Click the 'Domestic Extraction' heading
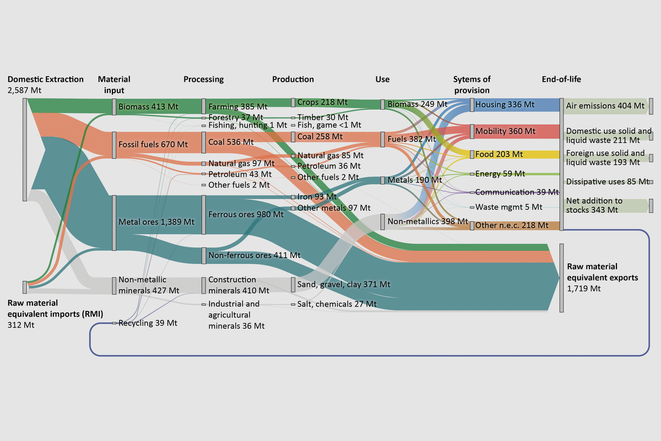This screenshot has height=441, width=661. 46,79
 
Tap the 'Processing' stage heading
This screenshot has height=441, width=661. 203,79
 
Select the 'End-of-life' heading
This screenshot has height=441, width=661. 561,79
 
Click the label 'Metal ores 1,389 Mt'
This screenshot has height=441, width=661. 156,222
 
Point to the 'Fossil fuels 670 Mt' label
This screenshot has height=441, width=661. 153,145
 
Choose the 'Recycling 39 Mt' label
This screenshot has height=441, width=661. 148,323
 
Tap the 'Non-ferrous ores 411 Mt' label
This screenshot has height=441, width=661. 254,255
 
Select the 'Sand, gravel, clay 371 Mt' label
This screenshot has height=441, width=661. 344,284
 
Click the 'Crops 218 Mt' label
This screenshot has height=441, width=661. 322,103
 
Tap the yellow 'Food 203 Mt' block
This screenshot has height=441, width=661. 499,154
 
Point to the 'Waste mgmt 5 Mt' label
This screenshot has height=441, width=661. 508,207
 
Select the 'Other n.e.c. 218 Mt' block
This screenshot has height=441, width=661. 512,225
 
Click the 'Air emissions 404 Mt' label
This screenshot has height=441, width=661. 605,105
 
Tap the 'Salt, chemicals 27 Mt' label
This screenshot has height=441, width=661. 337,304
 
